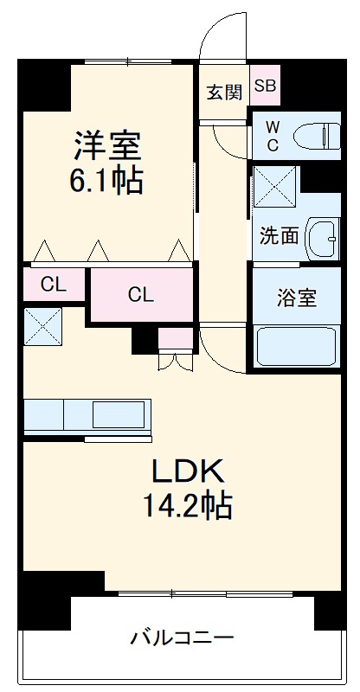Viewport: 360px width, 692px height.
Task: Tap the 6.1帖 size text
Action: click(107, 182)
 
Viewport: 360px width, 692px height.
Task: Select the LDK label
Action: click(189, 471)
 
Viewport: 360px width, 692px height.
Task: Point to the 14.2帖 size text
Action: click(189, 505)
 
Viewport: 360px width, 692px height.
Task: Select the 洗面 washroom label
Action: click(279, 234)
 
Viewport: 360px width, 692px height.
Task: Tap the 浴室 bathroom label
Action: click(296, 299)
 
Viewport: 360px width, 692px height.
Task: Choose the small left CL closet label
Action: click(54, 284)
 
